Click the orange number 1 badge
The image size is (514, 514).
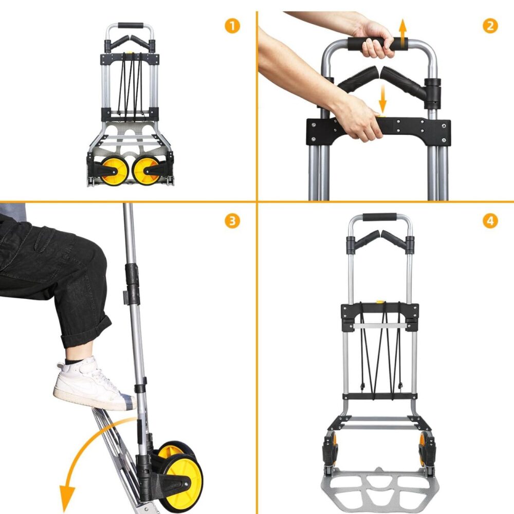(x=232, y=26)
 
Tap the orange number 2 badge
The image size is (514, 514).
(x=490, y=26)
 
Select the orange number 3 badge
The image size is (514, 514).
(x=232, y=221)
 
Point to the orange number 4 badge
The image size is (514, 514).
(x=490, y=221)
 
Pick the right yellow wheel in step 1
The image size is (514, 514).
(x=146, y=171)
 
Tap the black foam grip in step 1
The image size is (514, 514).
(x=131, y=26)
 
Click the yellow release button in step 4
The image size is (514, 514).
(x=380, y=302)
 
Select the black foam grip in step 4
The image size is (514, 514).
(x=380, y=217)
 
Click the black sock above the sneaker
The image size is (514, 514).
(x=74, y=361)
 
